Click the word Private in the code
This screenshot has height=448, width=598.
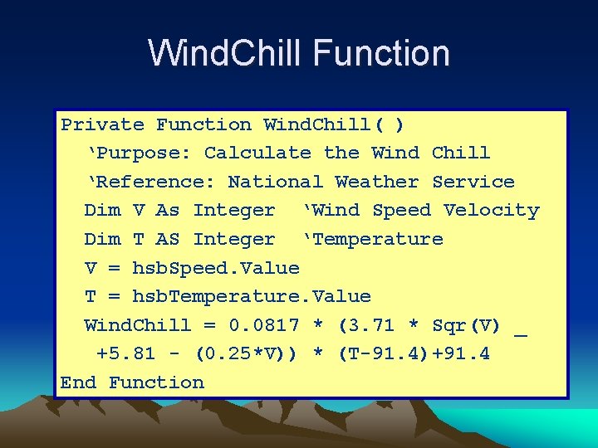(102, 125)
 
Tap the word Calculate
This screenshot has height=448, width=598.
(257, 153)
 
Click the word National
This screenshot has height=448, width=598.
(275, 183)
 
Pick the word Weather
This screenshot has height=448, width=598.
(377, 183)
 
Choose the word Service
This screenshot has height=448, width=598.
(473, 183)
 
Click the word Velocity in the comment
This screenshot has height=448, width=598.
(492, 211)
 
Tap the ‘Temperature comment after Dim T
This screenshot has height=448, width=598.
(373, 240)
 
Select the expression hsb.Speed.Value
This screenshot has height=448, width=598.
(216, 268)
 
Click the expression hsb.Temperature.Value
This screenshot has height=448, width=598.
(252, 297)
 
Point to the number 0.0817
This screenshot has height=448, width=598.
(264, 325)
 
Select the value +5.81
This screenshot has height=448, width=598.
(125, 354)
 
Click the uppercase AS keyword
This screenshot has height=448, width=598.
(168, 240)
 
